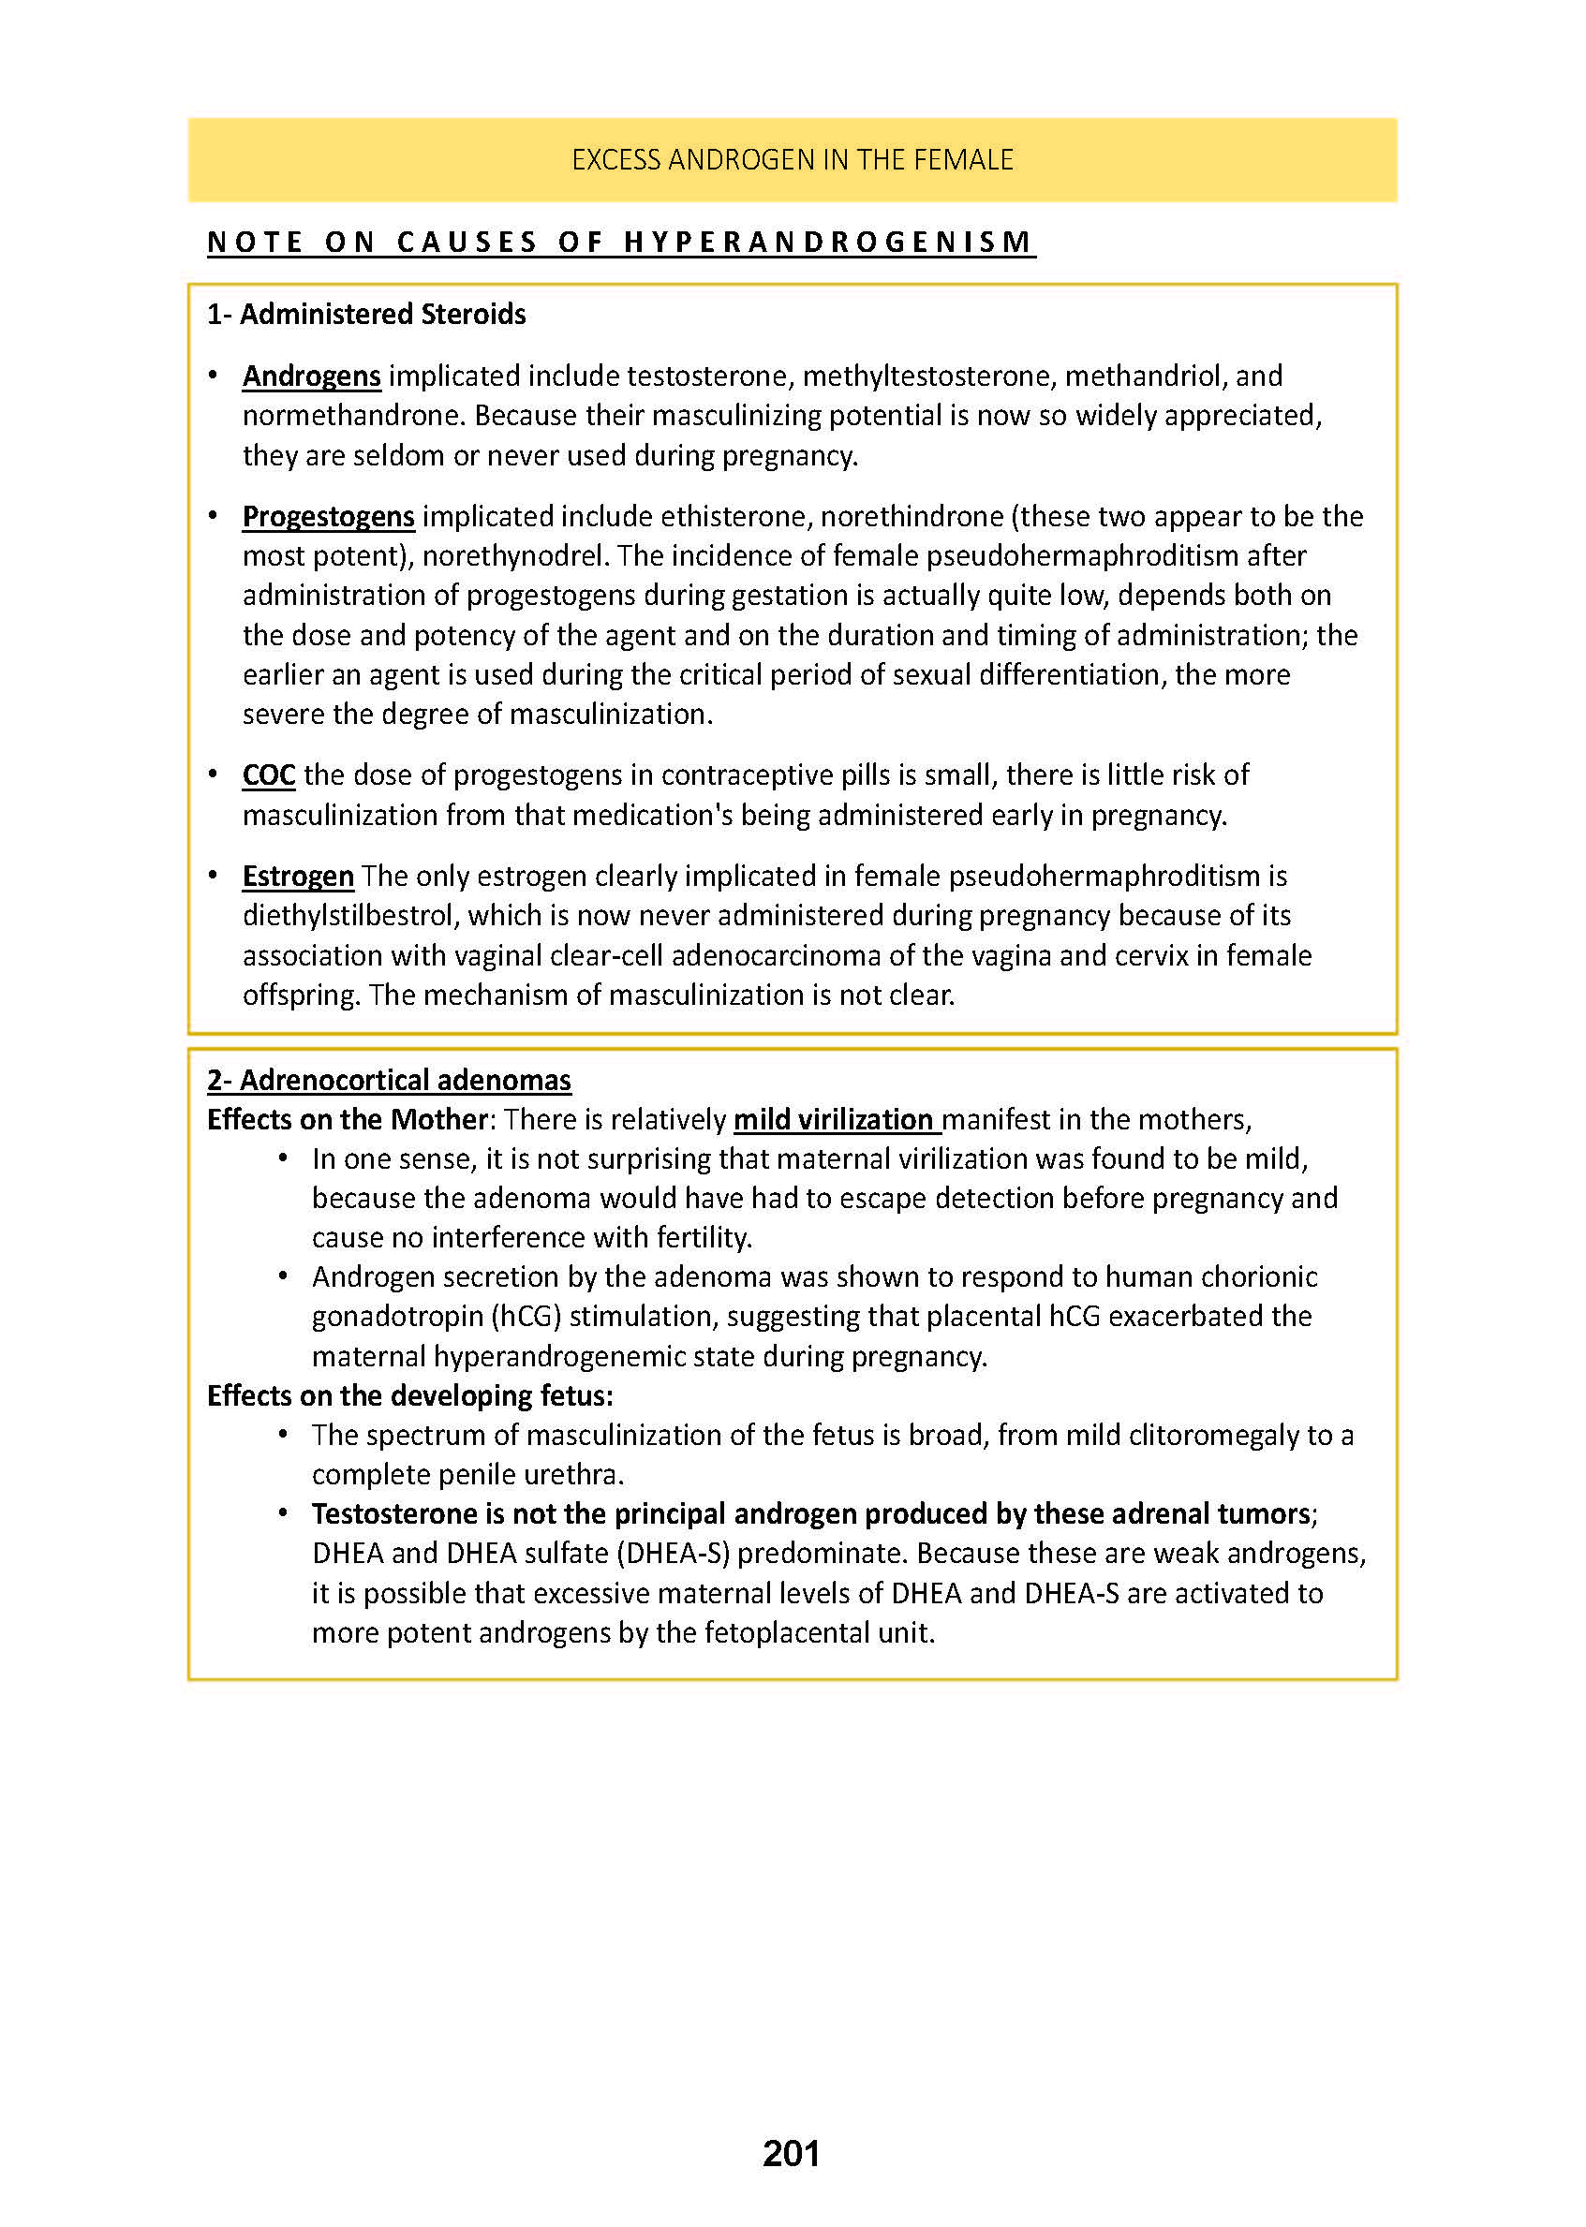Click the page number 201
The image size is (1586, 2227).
click(791, 2153)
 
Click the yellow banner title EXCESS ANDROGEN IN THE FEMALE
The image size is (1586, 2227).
click(792, 159)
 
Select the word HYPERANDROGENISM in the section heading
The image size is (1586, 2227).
click(828, 242)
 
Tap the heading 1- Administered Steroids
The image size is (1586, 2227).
click(366, 315)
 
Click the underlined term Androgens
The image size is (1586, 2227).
click(312, 376)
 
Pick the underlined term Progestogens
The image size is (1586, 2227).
click(328, 516)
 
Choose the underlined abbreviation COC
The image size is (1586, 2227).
click(269, 775)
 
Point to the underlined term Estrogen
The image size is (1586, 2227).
click(298, 877)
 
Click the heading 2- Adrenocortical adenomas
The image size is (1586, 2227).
click(389, 1080)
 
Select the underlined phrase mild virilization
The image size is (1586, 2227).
click(834, 1120)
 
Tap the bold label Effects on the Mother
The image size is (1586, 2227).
click(347, 1120)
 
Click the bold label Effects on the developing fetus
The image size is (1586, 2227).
click(409, 1396)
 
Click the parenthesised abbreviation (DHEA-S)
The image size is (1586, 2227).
click(673, 1554)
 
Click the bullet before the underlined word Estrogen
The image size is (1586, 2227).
click(213, 876)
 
